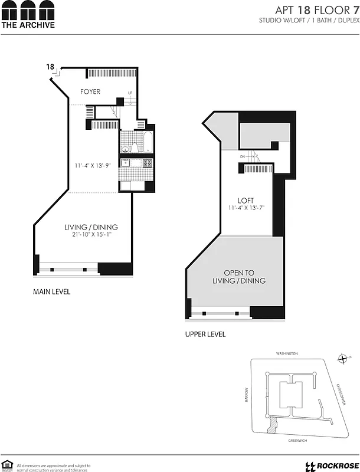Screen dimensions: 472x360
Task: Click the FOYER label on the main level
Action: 90,91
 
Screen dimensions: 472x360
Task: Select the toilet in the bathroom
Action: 134,147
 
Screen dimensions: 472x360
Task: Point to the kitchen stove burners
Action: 147,163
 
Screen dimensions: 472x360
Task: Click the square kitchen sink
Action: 125,163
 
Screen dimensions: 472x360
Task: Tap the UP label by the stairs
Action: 130,93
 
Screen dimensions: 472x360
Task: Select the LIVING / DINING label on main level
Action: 91,227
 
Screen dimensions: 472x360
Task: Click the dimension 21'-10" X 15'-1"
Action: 91,235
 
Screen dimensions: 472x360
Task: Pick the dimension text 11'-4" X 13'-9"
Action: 93,166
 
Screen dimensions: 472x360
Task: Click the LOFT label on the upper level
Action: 246,201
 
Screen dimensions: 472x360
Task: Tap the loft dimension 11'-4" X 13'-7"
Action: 246,208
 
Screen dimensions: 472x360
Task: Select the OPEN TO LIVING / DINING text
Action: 244,277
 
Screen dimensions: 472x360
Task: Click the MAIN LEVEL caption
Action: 52,291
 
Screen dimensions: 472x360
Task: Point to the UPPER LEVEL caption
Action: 205,335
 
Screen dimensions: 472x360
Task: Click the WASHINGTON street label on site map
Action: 287,353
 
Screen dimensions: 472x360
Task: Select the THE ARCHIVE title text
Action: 28,25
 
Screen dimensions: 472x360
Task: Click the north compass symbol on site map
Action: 343,358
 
